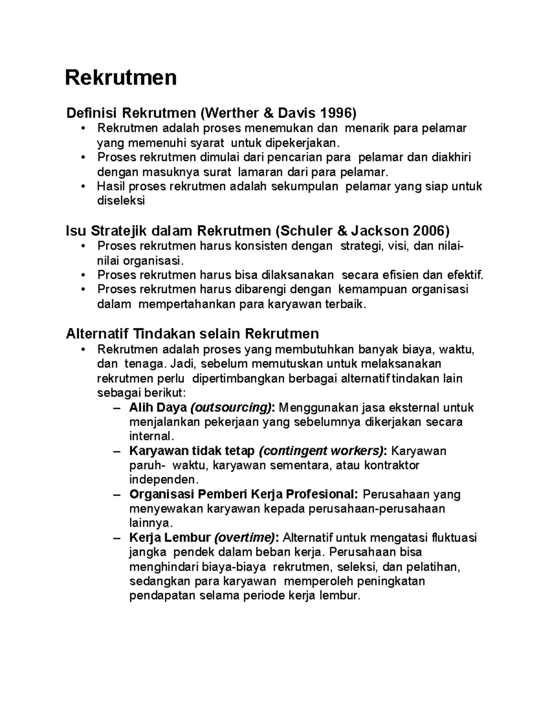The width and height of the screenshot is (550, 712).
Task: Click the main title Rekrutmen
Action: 121,77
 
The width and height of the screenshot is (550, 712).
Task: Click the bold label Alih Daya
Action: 158,407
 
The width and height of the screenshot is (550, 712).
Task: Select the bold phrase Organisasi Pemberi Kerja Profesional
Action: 243,494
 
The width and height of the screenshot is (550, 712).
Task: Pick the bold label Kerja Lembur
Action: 170,537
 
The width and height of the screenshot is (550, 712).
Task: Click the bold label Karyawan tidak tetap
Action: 192,451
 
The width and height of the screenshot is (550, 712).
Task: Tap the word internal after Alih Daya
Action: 152,436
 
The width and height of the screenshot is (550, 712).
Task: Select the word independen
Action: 164,480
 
